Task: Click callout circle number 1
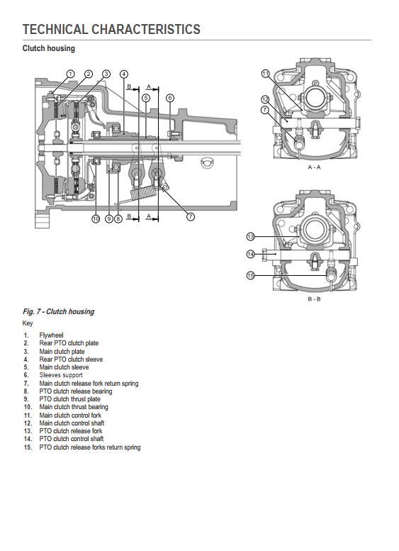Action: [71, 74]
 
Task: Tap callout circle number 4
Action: [123, 74]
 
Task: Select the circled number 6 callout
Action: [170, 98]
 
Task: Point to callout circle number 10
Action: [96, 219]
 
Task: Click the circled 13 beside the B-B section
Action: [250, 237]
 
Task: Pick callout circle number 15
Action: [250, 275]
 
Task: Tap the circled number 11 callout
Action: [266, 74]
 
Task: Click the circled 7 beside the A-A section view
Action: [265, 110]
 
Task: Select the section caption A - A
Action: [314, 167]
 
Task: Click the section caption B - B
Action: [314, 299]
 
